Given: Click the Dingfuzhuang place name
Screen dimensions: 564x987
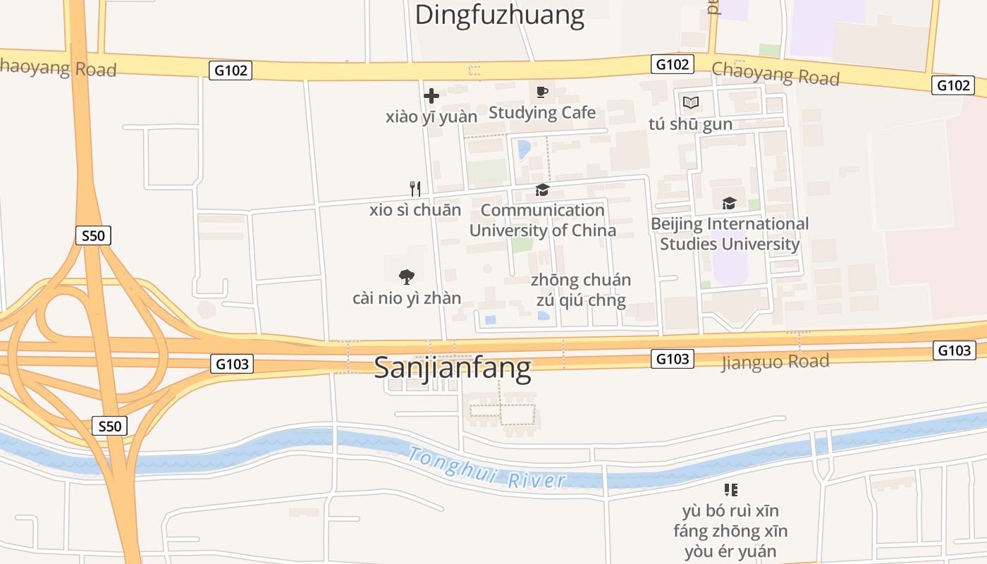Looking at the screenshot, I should (x=499, y=15).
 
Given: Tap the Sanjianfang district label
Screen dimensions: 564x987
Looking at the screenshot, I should (x=452, y=367).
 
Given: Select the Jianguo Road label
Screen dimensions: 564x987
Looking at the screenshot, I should (x=775, y=362).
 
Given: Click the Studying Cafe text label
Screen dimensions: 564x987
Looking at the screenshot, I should (x=541, y=113).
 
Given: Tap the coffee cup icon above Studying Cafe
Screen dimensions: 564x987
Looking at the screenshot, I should (x=541, y=92).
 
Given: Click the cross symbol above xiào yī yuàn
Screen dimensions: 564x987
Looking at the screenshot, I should (x=431, y=96).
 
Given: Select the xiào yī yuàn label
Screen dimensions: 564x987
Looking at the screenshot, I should (x=431, y=117).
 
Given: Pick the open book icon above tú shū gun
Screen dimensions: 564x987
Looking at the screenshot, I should (x=690, y=103).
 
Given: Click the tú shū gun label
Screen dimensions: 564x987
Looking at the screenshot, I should (x=690, y=124).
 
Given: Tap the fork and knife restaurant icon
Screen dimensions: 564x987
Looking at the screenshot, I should (x=415, y=188).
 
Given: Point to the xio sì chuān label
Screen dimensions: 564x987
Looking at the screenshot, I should (x=415, y=210).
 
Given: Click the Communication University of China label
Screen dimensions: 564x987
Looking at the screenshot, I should (x=542, y=220).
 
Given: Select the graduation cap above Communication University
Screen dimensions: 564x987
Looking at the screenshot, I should (x=542, y=190).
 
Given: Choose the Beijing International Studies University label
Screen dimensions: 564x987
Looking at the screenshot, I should (x=730, y=234).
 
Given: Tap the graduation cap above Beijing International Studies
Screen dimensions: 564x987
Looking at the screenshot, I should (x=730, y=203).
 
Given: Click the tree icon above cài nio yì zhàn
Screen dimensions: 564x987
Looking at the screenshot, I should (x=406, y=276).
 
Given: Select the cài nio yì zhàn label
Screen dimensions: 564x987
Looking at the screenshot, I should (x=406, y=298).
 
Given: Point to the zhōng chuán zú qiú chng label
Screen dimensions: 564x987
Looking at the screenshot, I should (x=581, y=290).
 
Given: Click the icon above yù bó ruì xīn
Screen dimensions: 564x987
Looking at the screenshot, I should (x=730, y=489).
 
